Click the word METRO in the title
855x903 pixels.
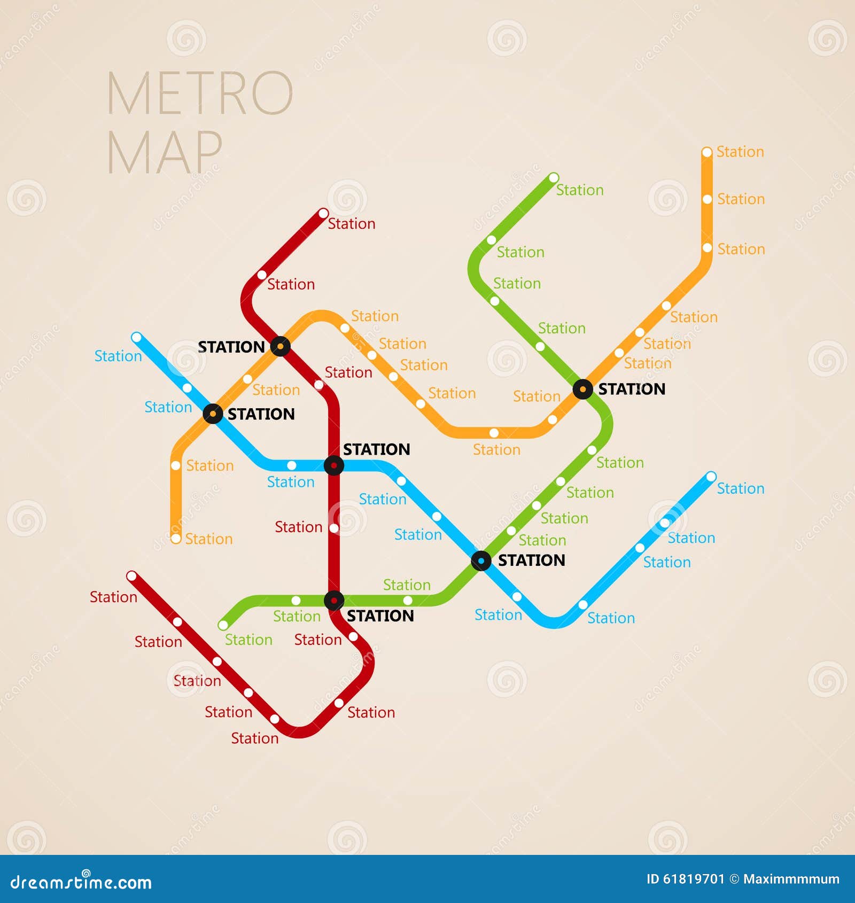coord(200,94)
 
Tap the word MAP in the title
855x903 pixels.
coord(165,152)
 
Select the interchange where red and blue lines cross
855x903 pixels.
coord(334,465)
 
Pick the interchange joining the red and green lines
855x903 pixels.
coord(334,601)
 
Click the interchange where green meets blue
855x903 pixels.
coord(481,561)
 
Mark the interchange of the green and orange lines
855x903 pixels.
coord(582,389)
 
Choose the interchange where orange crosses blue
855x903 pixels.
coord(213,414)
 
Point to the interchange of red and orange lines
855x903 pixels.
coord(280,346)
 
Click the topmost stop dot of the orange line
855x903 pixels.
coord(707,152)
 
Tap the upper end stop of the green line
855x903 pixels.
coord(554,177)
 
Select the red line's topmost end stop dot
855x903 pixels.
coord(323,214)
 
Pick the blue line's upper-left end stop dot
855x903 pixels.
coord(137,338)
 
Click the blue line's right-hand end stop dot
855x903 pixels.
coord(711,477)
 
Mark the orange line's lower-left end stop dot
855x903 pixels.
coord(176,538)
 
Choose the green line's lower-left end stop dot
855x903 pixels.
coord(223,625)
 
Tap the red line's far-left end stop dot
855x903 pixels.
coord(131,576)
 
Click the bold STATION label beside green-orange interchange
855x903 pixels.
coord(632,389)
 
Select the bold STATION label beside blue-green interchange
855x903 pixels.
coord(531,560)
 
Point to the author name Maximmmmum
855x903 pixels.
coord(791,879)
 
